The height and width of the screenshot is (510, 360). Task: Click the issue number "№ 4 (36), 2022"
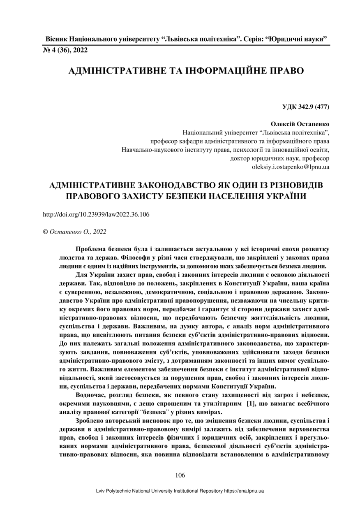click(65, 51)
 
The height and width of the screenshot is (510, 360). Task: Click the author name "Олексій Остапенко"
click(300, 124)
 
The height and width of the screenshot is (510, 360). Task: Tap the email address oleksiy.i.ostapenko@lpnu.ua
click(290, 167)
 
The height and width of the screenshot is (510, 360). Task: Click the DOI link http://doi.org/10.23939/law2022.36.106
click(96, 215)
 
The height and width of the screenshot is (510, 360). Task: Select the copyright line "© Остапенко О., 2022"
click(74, 232)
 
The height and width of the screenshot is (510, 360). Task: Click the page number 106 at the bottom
click(180, 475)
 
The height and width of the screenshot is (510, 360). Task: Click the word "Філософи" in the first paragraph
click(137, 258)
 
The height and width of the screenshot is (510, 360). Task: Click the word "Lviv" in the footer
click(102, 491)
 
